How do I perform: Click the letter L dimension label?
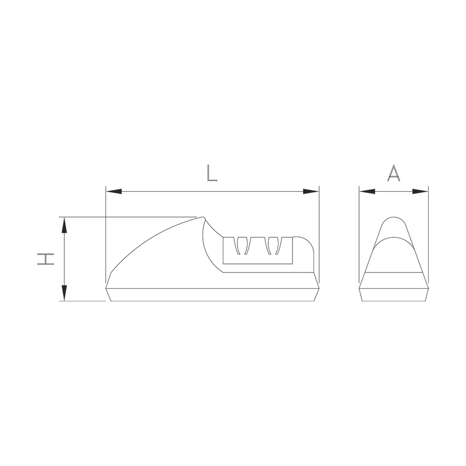[212, 173]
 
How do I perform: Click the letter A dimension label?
[393, 173]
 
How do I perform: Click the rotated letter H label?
[45, 259]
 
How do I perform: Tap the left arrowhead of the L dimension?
[113, 191]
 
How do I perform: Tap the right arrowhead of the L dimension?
[311, 191]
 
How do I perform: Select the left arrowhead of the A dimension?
[367, 191]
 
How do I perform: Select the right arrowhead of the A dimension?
[420, 191]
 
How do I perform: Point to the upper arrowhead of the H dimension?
[64, 225]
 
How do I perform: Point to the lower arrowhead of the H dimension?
[64, 293]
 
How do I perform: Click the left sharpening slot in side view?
[242, 245]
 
